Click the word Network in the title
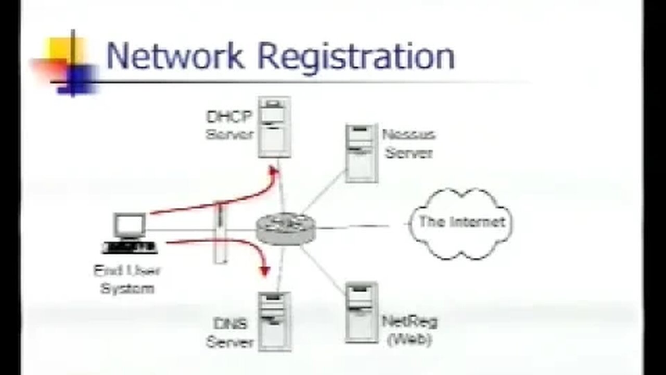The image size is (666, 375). pos(175,56)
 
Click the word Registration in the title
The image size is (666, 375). pos(356,57)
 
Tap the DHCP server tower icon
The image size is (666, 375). pos(274,127)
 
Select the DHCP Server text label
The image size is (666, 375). pos(229,125)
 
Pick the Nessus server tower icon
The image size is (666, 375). pos(361,153)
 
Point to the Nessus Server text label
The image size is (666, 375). pos(408,143)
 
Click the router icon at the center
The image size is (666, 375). pos(286,228)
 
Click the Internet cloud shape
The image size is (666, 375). pos(461,223)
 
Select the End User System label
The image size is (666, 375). pos(127,279)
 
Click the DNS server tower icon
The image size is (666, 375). pos(274,321)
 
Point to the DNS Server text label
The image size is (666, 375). pos(229,333)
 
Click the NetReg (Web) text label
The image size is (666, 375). pos(409,330)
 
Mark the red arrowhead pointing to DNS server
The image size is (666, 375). pos(265,270)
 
